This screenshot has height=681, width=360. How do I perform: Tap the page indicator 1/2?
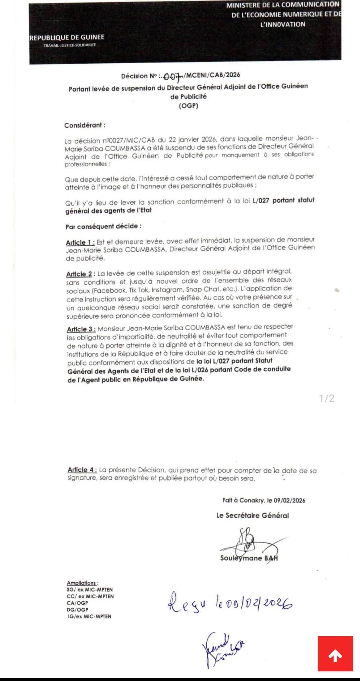pos(327,398)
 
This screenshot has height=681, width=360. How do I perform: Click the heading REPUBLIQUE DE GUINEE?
pos(67,37)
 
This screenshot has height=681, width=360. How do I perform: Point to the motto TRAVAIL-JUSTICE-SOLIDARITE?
pos(70,45)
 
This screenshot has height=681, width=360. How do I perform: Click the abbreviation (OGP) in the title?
pos(189,106)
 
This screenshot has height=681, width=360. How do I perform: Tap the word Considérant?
pos(84,125)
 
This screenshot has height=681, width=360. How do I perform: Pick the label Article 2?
pos(79,274)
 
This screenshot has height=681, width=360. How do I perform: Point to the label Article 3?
pos(81,329)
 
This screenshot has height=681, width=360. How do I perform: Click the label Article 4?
pos(82,470)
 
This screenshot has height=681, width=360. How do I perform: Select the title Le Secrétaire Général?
pos(253,515)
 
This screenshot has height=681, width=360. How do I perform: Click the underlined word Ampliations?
pos(82,583)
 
